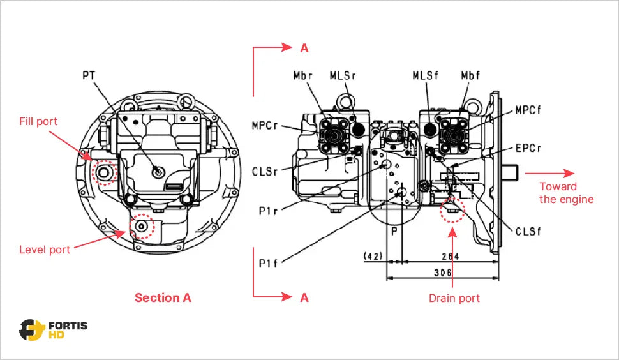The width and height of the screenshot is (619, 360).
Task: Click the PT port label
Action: tap(89, 75)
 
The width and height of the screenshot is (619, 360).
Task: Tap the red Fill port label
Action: tap(38, 121)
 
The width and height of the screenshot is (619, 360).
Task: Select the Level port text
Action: tap(45, 250)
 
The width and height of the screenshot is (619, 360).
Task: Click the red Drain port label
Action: tap(454, 298)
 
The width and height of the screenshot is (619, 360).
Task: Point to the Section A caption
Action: tap(163, 297)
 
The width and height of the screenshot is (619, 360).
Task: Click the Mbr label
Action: tap(303, 75)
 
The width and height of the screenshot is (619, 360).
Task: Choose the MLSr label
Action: tap(343, 75)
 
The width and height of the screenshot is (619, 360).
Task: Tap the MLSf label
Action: tap(426, 75)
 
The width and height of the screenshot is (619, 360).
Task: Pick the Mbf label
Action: tap(470, 75)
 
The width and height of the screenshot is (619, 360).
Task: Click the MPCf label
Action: tap(528, 110)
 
